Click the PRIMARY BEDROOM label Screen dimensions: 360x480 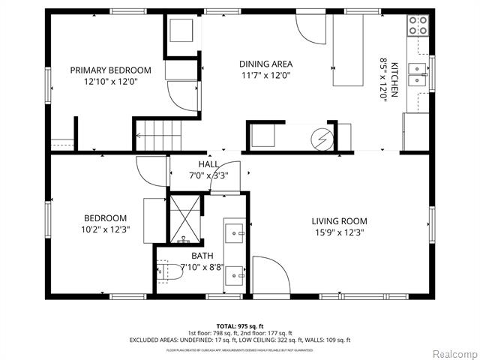(110, 70)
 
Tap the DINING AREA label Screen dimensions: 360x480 (265, 64)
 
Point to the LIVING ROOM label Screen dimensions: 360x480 (340, 220)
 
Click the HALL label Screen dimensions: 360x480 (208, 164)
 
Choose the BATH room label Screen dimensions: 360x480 (202, 256)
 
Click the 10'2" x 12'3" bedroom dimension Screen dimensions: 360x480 (106, 229)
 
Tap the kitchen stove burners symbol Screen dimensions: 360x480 (416, 26)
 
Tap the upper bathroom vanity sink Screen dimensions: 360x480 (235, 230)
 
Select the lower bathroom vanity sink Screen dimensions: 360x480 (235, 274)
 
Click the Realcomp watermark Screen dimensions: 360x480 (451, 352)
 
